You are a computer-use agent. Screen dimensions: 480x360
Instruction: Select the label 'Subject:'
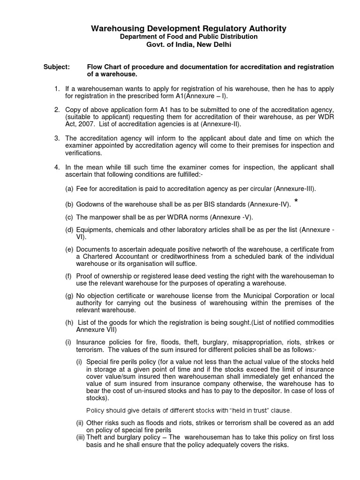(57, 67)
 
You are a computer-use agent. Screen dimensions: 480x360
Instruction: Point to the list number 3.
(56, 138)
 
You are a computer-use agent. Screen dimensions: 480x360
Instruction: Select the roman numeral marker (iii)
(80, 437)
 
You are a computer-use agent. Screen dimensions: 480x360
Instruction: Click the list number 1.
(56, 89)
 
